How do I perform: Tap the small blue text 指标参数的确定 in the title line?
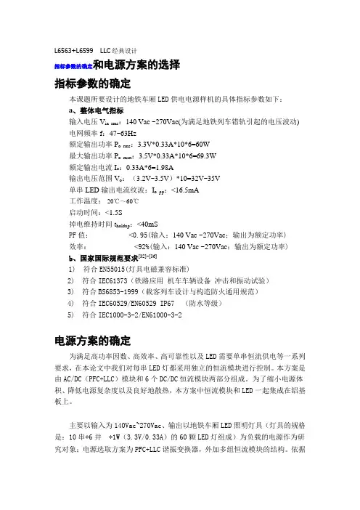coord(73,66)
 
